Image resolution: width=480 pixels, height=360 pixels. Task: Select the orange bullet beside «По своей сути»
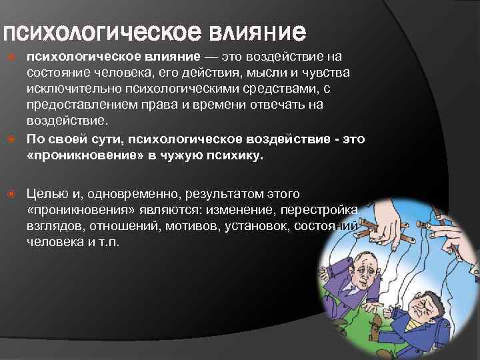click(x=11, y=139)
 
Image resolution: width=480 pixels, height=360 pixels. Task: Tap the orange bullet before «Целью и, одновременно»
click(x=11, y=194)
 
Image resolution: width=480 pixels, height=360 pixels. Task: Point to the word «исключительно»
click(x=74, y=89)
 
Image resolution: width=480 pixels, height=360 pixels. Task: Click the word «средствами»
click(x=279, y=89)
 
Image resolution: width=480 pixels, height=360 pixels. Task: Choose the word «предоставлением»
click(x=82, y=105)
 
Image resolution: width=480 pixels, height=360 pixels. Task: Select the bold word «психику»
click(x=235, y=156)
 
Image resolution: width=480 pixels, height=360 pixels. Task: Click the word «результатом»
click(x=225, y=194)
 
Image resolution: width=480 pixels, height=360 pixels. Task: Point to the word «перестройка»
click(x=319, y=210)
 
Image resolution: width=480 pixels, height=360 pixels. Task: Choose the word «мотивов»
click(x=191, y=226)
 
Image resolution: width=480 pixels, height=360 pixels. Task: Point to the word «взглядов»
click(x=56, y=226)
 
